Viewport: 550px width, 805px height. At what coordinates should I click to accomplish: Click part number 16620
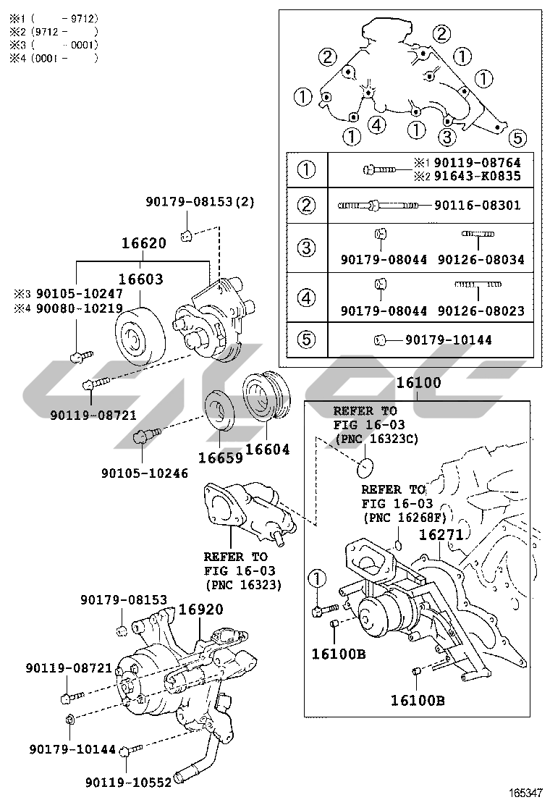[x=143, y=244]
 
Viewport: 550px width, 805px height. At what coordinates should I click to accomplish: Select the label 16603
[x=140, y=279]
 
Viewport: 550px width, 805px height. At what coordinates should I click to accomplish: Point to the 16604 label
[x=267, y=450]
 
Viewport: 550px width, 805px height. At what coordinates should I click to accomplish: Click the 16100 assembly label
[x=418, y=383]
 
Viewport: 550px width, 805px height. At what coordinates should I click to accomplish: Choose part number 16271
[x=441, y=536]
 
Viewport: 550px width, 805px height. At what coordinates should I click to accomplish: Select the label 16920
[x=200, y=610]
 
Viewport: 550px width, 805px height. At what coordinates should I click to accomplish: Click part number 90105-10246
[x=145, y=473]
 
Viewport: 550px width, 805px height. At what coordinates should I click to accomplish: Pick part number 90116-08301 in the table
[x=477, y=206]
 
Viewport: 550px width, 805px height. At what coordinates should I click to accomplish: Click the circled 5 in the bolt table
[x=308, y=339]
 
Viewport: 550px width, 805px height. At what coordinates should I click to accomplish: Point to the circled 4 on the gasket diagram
[x=376, y=125]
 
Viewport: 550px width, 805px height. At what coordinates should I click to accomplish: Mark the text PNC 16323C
[x=376, y=439]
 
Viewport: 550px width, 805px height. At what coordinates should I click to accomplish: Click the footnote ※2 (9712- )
[x=53, y=31]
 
